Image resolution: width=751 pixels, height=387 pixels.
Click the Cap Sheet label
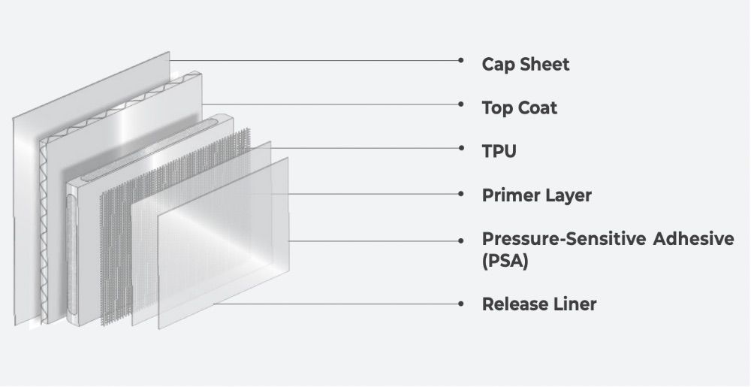525,65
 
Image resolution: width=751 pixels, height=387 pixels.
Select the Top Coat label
519,108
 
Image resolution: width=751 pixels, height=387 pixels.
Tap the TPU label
499,152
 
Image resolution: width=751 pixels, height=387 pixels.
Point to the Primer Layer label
536,196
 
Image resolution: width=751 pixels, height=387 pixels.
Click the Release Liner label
538,304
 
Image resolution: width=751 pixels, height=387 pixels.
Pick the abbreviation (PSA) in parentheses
505,263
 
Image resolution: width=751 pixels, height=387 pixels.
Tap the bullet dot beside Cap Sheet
460,60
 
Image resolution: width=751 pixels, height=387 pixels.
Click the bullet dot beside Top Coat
460,104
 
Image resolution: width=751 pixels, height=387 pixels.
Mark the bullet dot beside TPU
460,148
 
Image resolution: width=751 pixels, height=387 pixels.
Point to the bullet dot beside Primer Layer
460,194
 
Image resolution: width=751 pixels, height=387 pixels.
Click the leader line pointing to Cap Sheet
315,60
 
